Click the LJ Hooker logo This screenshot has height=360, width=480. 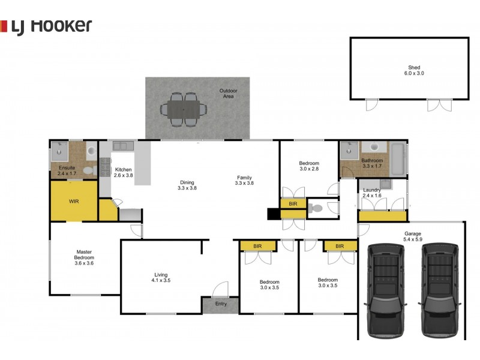[46, 26]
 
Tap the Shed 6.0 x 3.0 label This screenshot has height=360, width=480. [414, 70]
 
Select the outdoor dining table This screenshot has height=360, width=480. [184, 110]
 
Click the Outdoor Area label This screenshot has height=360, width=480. [229, 94]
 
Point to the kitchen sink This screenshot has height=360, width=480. [123, 146]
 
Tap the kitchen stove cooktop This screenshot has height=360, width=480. [106, 167]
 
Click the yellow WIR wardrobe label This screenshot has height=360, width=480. [74, 201]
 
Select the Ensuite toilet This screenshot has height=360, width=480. [89, 171]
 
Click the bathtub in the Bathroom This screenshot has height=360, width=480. [398, 159]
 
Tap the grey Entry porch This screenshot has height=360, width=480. [220, 305]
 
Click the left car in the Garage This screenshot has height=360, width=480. [385, 290]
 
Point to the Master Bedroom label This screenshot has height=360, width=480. [84, 257]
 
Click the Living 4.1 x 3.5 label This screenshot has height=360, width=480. [161, 277]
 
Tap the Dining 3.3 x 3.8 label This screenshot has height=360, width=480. [187, 185]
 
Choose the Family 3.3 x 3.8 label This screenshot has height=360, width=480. [244, 181]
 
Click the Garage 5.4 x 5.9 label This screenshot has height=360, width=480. [413, 236]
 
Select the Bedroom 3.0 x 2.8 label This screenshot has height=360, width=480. [309, 166]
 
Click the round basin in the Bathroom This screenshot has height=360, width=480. [374, 146]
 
